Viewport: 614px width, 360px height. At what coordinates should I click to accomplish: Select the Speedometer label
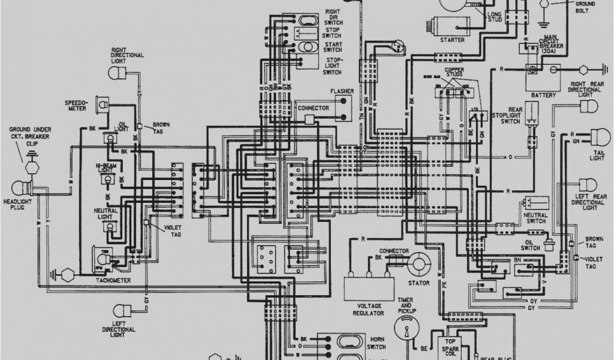(76, 106)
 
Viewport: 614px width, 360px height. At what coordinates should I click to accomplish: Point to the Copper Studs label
(455, 73)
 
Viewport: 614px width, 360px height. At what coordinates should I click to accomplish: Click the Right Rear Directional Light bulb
(588, 107)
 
